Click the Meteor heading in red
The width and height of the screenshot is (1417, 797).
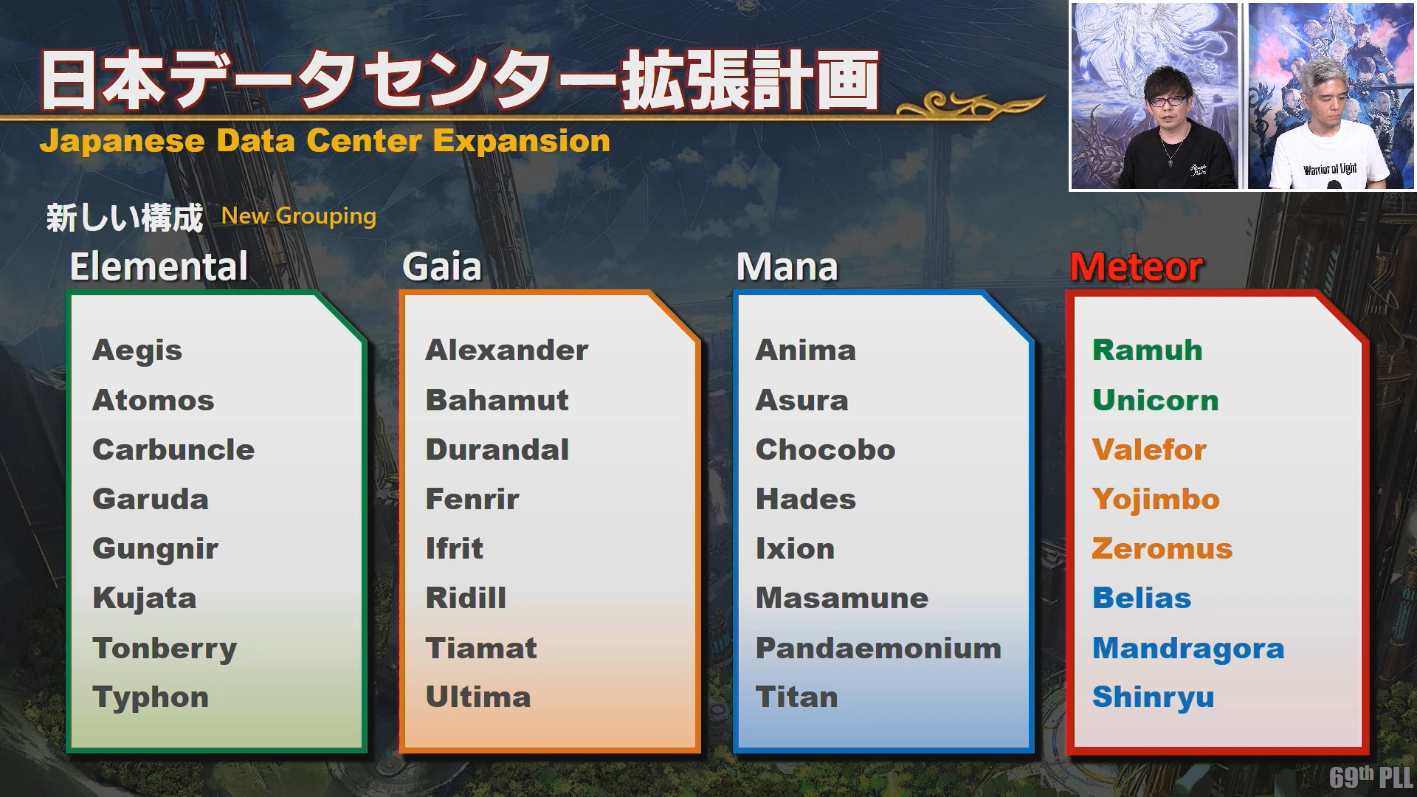[x=1137, y=267]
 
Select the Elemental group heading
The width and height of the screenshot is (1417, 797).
[x=159, y=267]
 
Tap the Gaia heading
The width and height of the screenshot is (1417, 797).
[x=442, y=267]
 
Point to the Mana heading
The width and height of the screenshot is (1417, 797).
[x=787, y=267]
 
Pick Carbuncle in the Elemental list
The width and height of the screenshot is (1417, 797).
[x=173, y=450]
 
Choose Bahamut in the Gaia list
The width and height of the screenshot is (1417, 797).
[x=497, y=400]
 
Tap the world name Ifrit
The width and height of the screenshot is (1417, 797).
[x=454, y=548]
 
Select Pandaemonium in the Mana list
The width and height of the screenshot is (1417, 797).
[x=878, y=648]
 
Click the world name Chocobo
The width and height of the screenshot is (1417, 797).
[x=825, y=450]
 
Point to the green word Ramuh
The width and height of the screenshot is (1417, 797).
[x=1148, y=351]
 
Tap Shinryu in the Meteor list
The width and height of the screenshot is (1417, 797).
[x=1153, y=698]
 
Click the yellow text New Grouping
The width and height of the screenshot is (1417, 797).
[x=299, y=216]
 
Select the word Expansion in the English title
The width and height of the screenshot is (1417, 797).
[x=522, y=141]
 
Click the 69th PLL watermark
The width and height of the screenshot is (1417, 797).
[x=1371, y=777]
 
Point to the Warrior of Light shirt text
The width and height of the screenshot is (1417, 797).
[x=1330, y=169]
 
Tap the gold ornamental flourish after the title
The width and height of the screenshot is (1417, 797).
[x=970, y=105]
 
